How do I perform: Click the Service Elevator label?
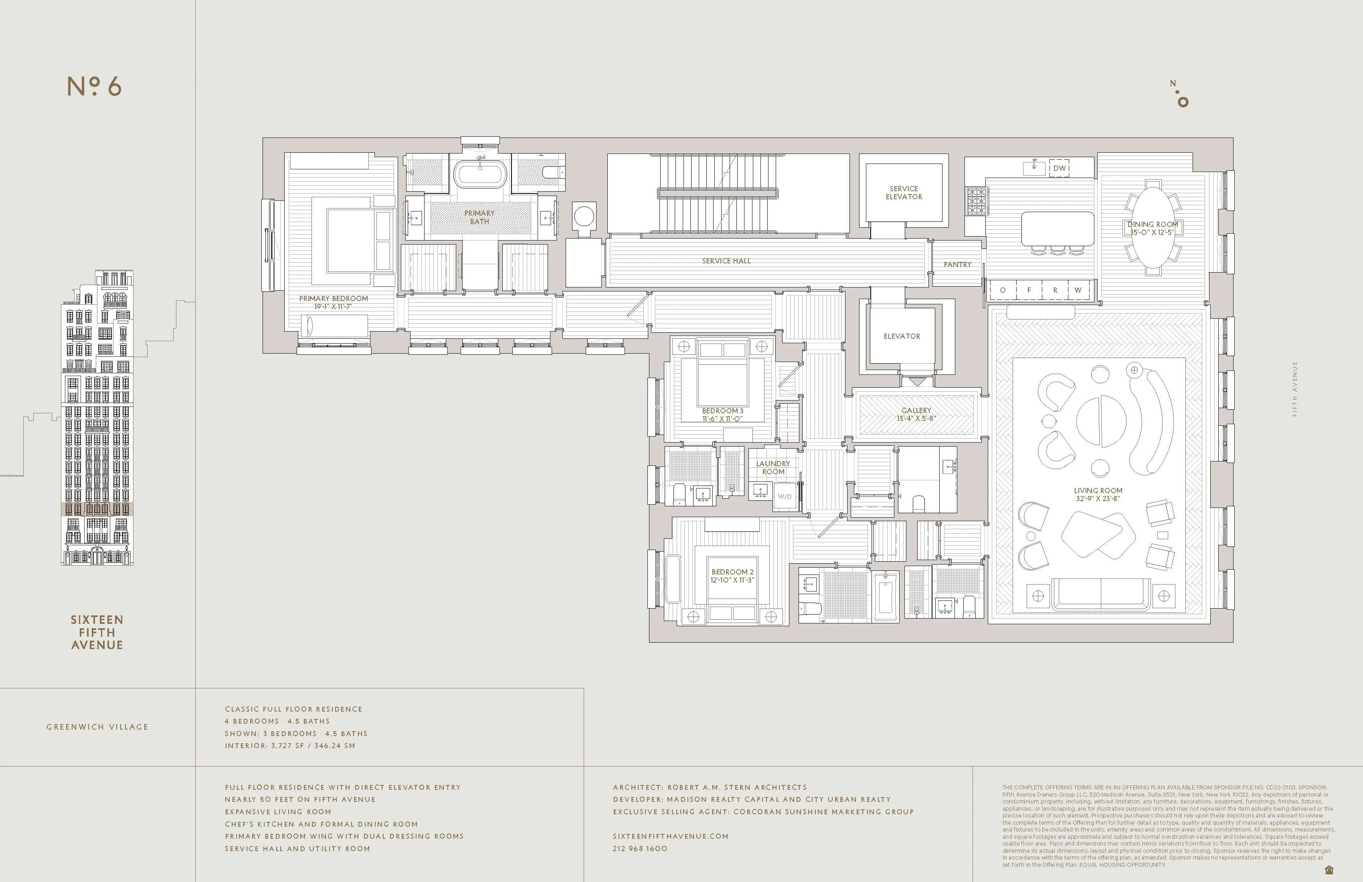[x=903, y=192]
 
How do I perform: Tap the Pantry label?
[x=957, y=265]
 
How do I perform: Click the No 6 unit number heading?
[x=95, y=87]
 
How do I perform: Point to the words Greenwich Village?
[x=97, y=727]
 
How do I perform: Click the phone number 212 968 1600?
[x=640, y=849]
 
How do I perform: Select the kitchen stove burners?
[x=977, y=201]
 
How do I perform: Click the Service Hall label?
[x=726, y=261]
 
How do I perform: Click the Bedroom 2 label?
[x=732, y=572]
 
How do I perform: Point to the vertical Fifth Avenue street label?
[x=1295, y=389]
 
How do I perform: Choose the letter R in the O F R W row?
[x=1055, y=290]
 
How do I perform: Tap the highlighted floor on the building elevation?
[x=97, y=509]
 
